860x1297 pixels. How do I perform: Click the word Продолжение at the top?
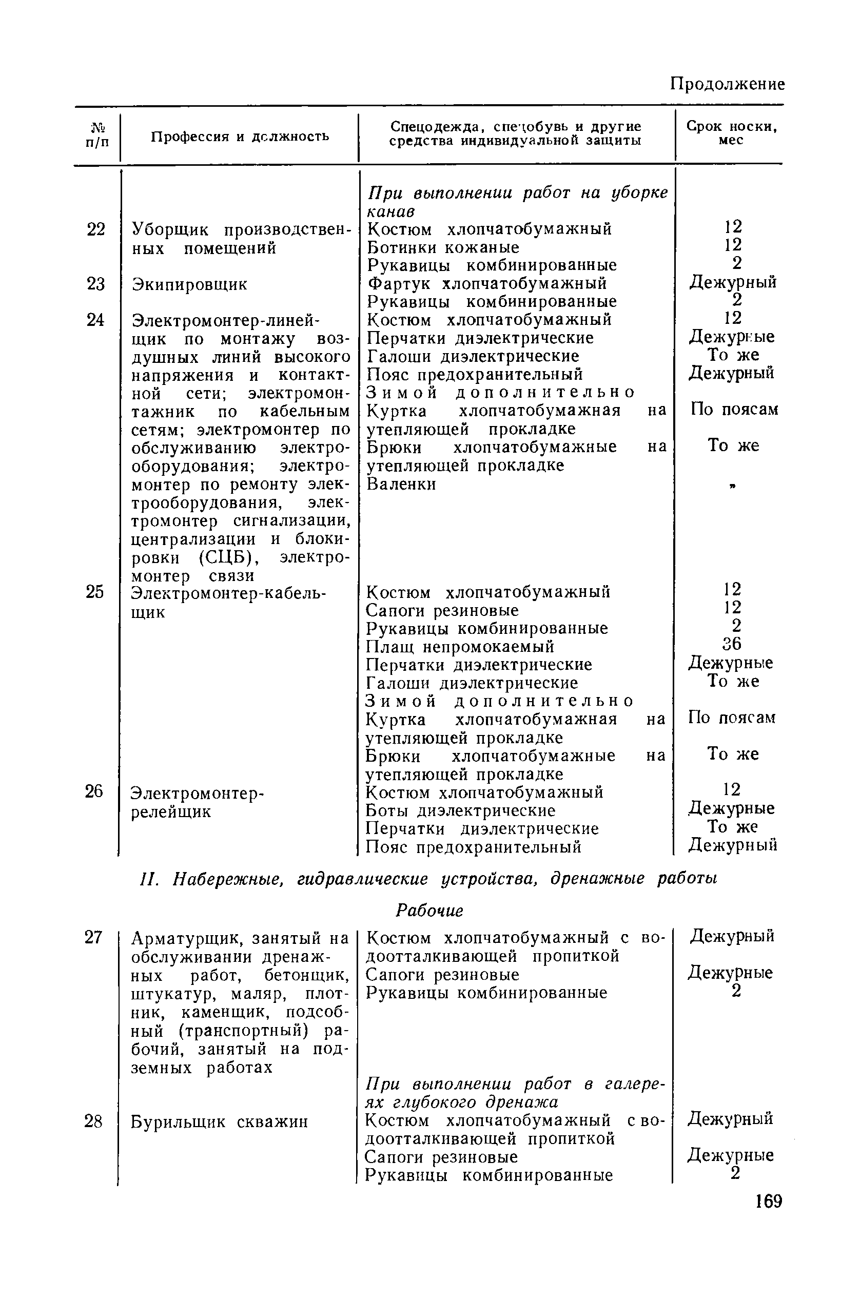[728, 84]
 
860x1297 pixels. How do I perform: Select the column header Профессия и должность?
[240, 136]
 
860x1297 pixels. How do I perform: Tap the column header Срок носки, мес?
[732, 133]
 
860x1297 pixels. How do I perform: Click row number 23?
[95, 284]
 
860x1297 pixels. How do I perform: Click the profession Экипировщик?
[190, 284]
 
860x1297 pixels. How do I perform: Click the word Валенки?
[401, 484]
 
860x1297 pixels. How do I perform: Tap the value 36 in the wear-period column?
[732, 643]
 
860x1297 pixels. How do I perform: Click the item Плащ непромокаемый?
[460, 646]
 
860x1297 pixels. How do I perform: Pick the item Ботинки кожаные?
[443, 247]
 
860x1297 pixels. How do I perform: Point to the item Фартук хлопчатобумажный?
[486, 283]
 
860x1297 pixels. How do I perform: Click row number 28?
[93, 1121]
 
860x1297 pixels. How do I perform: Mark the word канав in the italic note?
[390, 211]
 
